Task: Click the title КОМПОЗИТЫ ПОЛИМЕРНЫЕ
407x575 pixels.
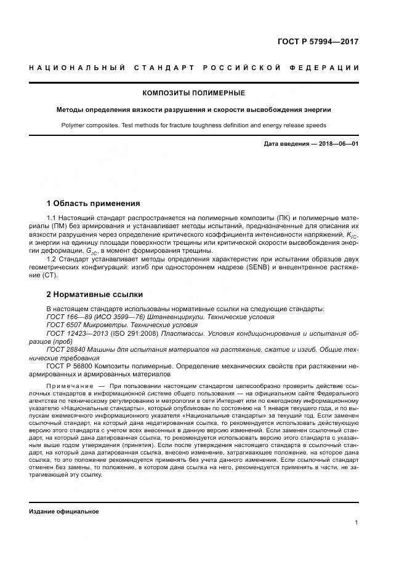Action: tap(193, 93)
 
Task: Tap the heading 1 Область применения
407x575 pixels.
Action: tap(94, 204)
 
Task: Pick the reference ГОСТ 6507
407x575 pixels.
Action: tap(66, 324)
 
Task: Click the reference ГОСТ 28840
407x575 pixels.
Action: tap(68, 349)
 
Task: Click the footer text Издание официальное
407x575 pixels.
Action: tap(64, 511)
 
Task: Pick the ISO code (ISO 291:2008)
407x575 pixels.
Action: tap(136, 333)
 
